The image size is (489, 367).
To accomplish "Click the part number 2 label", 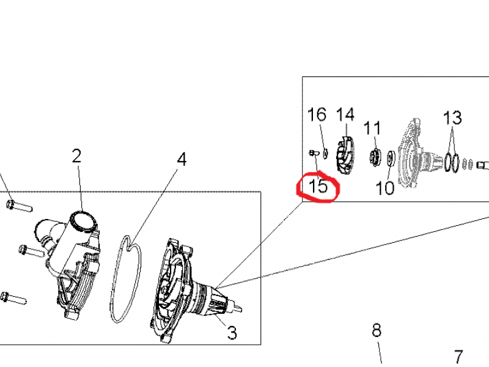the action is tap(76, 156).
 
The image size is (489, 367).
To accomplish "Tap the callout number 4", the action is tap(182, 159).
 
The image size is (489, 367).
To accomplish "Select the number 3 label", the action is tap(232, 333).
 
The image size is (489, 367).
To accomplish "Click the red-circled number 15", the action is tap(318, 187).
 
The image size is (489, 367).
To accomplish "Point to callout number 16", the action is tap(317, 114).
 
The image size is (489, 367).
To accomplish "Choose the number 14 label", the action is tap(345, 114).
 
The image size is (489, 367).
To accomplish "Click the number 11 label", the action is tap(372, 128).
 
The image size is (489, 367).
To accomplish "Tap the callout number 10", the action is tap(385, 188).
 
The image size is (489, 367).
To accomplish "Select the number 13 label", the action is tap(452, 118).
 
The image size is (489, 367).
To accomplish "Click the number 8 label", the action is tap(377, 330).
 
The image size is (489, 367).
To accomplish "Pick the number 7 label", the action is tap(458, 357).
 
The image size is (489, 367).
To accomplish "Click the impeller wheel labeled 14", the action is tap(345, 155).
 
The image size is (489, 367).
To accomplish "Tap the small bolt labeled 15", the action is tap(314, 153).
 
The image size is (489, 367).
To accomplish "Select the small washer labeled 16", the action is tap(325, 154).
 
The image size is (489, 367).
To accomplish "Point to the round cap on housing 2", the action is tap(83, 222).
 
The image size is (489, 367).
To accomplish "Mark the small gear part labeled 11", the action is tap(375, 156).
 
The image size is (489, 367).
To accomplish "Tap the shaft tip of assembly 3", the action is tap(239, 310).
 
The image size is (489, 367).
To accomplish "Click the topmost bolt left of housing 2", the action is tap(19, 206).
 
